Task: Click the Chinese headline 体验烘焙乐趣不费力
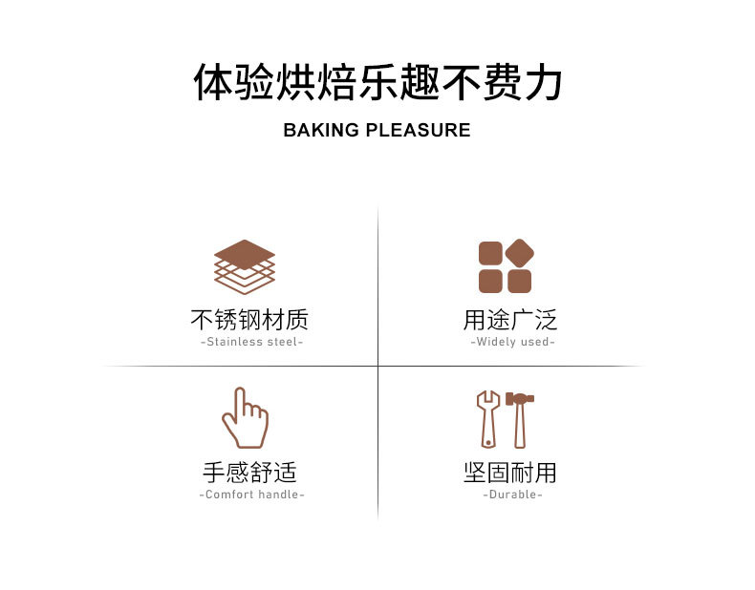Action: point(377,82)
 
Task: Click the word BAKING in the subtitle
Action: point(321,130)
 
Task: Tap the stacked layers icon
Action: point(245,266)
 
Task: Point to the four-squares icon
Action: point(506,266)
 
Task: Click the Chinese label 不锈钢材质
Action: point(249,320)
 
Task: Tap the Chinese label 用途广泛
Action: point(510,320)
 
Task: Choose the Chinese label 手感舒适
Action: point(250,472)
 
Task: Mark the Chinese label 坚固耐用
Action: point(510,472)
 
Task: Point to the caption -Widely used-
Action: point(512,342)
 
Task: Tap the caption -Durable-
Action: point(513,495)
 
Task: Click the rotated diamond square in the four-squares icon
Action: point(520,252)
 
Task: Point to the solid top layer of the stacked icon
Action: point(245,254)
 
